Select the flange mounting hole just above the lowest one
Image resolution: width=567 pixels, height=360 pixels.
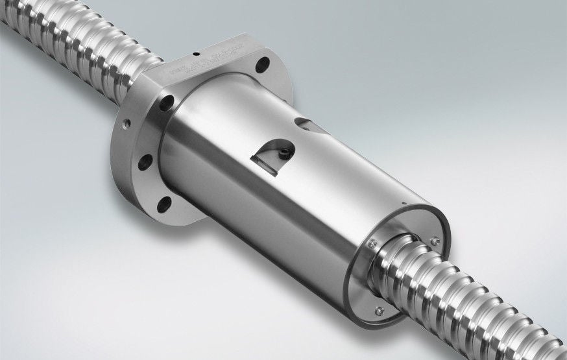point(147,160)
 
